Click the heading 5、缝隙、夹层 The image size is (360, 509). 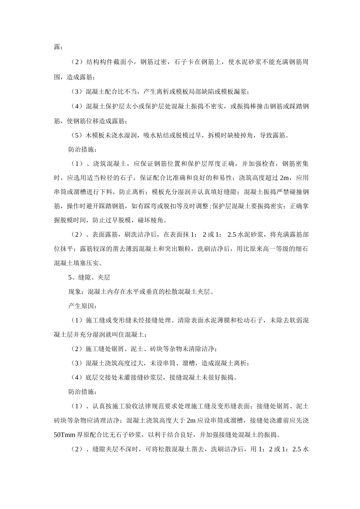89,278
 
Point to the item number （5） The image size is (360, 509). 77,135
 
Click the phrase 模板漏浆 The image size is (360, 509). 232,92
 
